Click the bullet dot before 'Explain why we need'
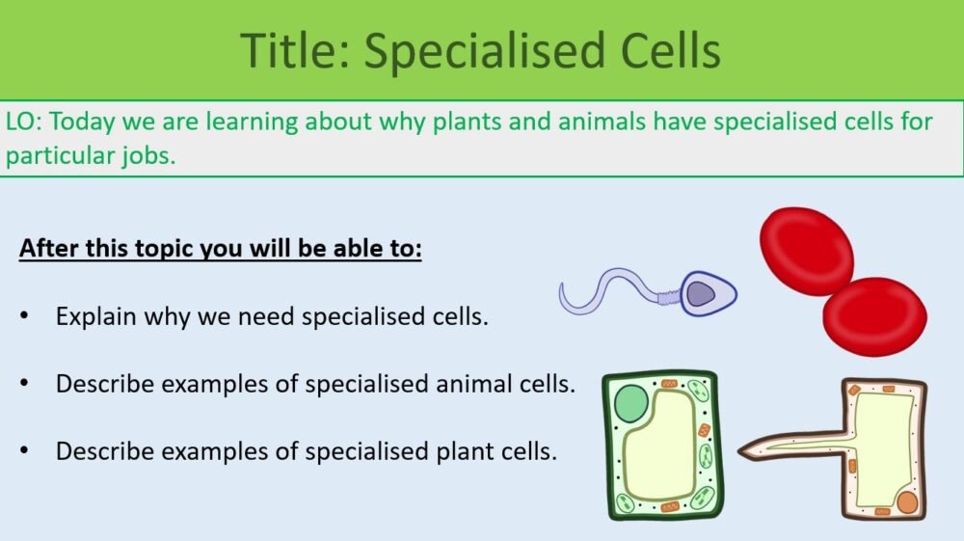(25, 316)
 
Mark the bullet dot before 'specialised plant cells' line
(25, 450)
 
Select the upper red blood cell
(807, 250)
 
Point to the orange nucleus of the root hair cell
(906, 502)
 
